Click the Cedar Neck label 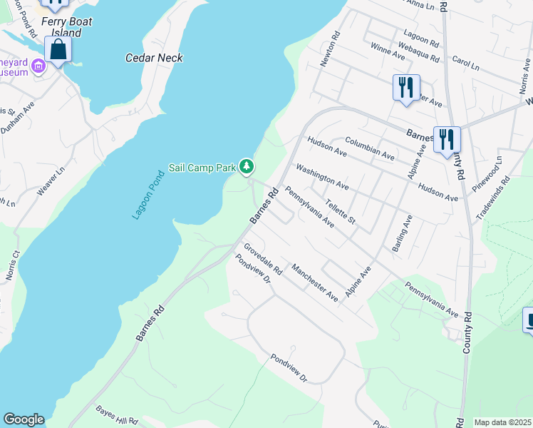154,58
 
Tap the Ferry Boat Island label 67,27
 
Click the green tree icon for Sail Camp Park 247,166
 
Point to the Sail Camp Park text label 202,168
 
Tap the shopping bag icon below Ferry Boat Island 58,49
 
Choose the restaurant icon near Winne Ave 406,87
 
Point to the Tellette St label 340,211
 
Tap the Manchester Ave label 314,282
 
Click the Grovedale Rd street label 263,260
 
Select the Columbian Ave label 369,148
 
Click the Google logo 24,419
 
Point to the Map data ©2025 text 502,422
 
